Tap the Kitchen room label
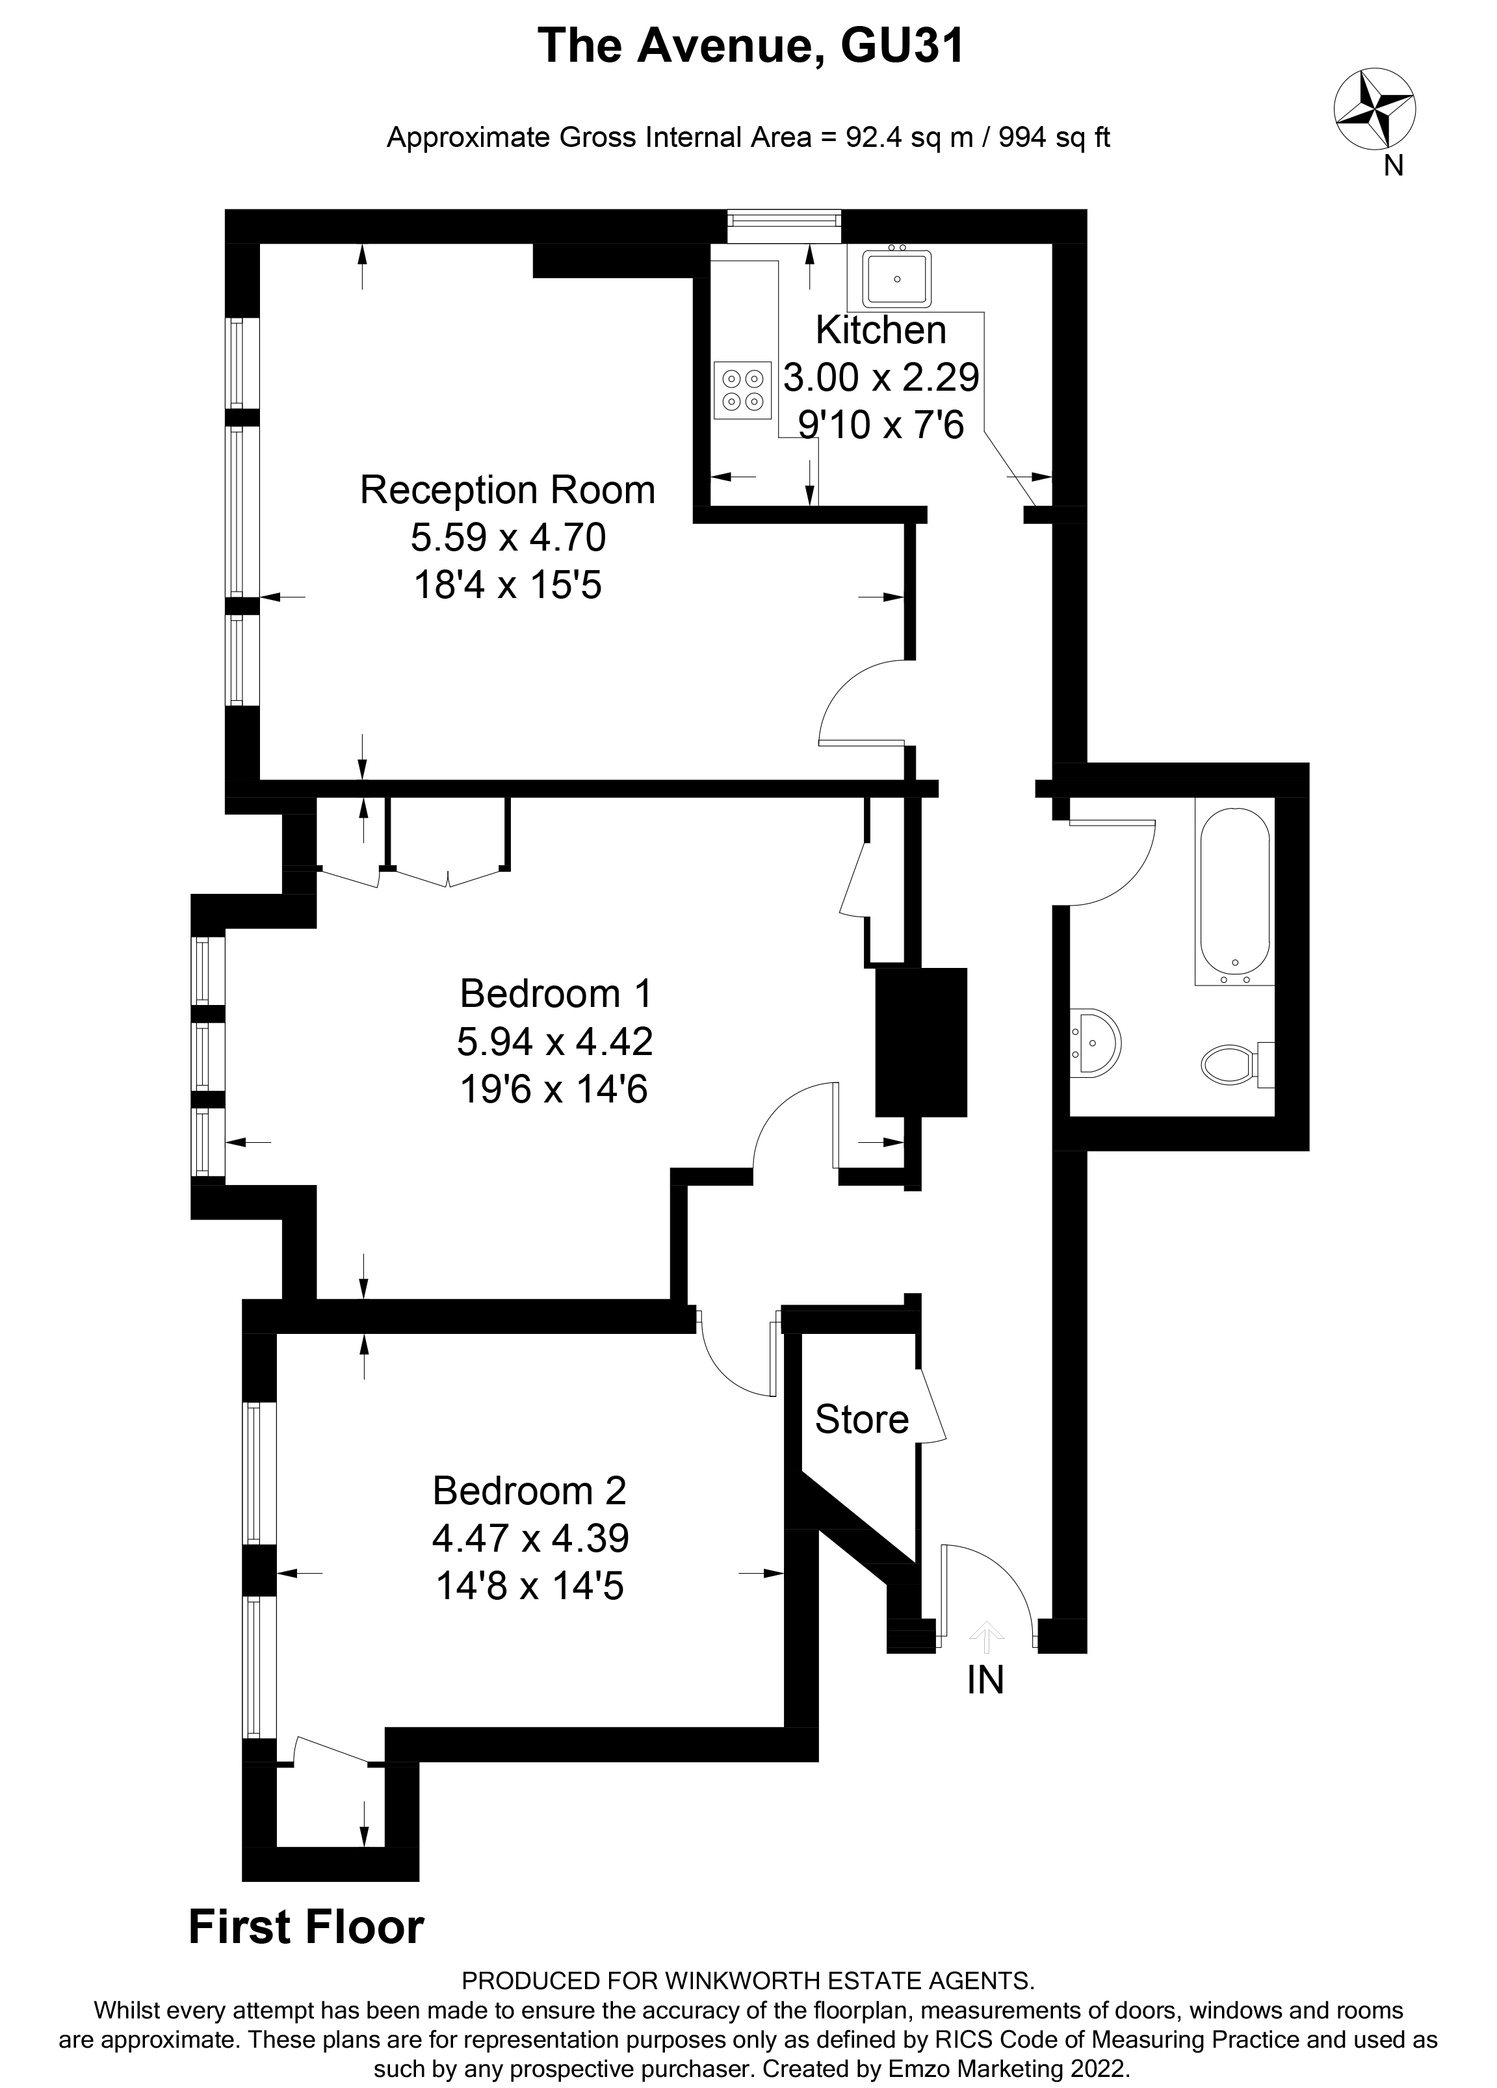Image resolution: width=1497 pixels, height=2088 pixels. point(880,330)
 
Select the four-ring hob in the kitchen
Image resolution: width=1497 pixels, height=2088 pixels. point(742,389)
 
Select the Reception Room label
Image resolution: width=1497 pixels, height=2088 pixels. point(507,489)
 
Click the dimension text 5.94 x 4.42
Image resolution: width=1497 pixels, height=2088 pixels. point(554,1041)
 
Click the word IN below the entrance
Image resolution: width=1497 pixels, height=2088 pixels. point(985,1681)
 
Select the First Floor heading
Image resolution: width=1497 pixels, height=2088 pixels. point(306,1927)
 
